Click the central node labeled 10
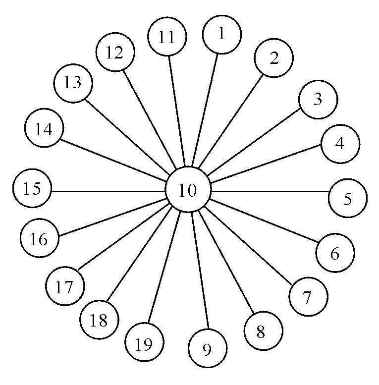tap(188, 190)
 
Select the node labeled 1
tap(221, 34)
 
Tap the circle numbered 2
tap(273, 58)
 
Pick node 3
tap(318, 100)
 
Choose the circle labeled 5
tap(348, 198)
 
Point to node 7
tap(308, 297)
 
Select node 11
tap(167, 38)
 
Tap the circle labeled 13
tap(73, 83)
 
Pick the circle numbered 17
tap(65, 286)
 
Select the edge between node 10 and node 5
tap(270, 191)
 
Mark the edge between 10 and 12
tap(149, 117)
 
